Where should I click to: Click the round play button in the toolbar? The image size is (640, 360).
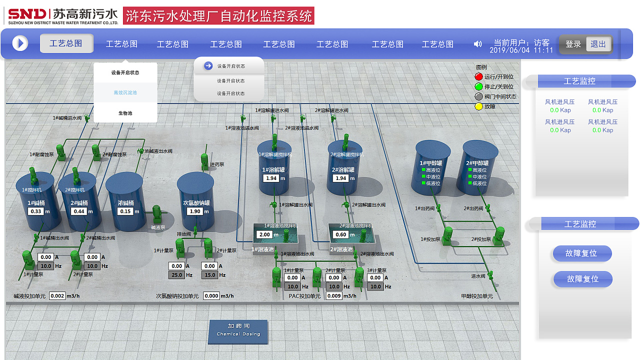(x=20, y=43)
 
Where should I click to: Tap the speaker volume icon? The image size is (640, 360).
(x=477, y=44)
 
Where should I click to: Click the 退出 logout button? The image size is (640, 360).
(x=598, y=44)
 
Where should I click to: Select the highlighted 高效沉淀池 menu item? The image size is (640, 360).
(x=125, y=92)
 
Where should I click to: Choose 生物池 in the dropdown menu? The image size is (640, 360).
(x=125, y=113)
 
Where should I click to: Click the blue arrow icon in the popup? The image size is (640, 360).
(x=208, y=66)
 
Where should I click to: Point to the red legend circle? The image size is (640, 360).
(x=478, y=77)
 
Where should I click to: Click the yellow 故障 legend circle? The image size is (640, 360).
(x=478, y=106)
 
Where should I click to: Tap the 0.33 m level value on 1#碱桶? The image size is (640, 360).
(x=36, y=211)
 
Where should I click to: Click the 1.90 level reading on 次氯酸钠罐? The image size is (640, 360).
(x=195, y=211)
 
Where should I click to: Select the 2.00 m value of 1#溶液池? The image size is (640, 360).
(x=264, y=234)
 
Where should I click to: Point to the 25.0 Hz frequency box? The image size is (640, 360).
(x=177, y=275)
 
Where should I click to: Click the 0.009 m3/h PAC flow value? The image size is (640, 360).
(x=334, y=296)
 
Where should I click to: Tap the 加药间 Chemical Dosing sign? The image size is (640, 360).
(x=238, y=330)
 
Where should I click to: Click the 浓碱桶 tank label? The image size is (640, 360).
(x=125, y=203)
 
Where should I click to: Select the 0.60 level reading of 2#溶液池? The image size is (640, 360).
(x=341, y=234)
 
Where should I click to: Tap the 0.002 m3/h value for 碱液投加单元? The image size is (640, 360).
(x=57, y=296)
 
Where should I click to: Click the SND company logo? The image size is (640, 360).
(x=27, y=13)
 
